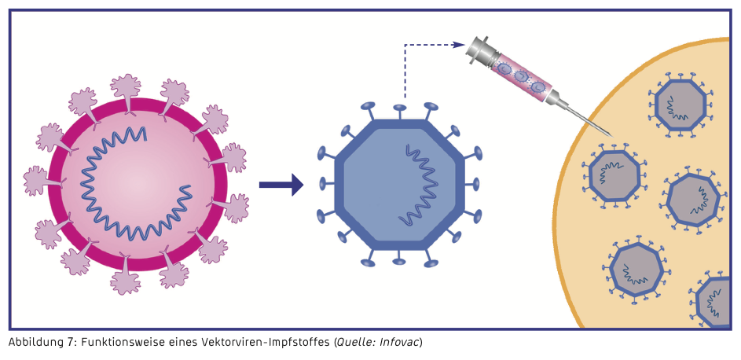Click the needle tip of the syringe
pyautogui.click(x=610, y=134)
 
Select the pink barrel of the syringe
pyautogui.click(x=521, y=75)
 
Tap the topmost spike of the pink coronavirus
pyautogui.click(x=126, y=86)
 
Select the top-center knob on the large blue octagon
pyautogui.click(x=400, y=108)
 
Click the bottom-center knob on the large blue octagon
pyautogui.click(x=399, y=261)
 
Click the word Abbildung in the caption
pyautogui.click(x=34, y=343)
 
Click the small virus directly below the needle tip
pyautogui.click(x=614, y=176)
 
